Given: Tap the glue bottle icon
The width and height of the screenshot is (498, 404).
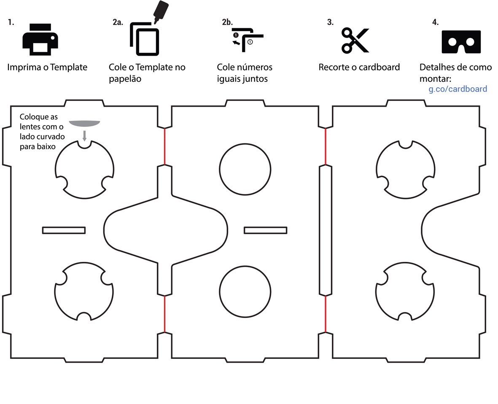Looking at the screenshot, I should click(x=161, y=11).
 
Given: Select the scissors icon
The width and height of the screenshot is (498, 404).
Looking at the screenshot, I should click(x=355, y=40).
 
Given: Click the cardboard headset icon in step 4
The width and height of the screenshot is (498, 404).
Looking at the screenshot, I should click(x=461, y=41).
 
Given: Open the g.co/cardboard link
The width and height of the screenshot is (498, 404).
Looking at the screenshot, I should click(x=458, y=89).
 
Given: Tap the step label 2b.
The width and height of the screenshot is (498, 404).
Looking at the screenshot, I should click(x=227, y=22).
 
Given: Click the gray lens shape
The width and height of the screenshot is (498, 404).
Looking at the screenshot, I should click(x=84, y=123).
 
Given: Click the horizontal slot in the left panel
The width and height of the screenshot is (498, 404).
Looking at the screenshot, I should click(x=64, y=230).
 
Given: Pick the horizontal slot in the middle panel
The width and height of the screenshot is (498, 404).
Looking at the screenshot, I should click(x=266, y=230).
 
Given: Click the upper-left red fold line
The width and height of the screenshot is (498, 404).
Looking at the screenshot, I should click(x=164, y=146).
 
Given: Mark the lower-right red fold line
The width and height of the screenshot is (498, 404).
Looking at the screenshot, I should click(x=326, y=314).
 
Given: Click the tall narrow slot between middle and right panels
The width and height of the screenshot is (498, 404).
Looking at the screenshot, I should click(x=325, y=230).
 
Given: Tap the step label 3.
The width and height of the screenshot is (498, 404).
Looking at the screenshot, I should click(x=330, y=22).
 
